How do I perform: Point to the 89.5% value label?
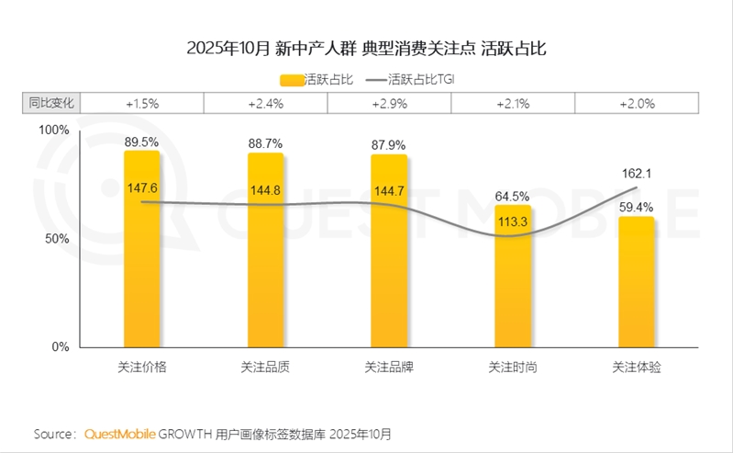coord(142,142)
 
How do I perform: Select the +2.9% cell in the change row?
coord(389,104)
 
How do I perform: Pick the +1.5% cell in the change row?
coord(142,104)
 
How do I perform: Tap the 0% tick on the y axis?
coord(61,347)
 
